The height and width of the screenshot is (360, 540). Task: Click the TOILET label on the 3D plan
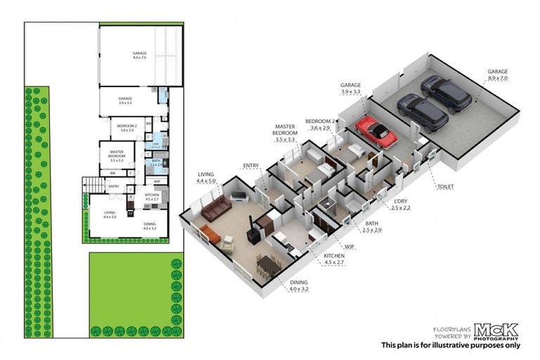pyautogui.click(x=444, y=187)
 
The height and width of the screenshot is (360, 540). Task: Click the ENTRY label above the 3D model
pyautogui.click(x=251, y=166)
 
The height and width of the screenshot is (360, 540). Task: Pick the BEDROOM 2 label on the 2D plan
pyautogui.click(x=127, y=126)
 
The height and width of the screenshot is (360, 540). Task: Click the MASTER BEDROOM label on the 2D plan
pyautogui.click(x=117, y=153)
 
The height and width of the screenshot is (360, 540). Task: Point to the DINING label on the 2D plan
pyautogui.click(x=150, y=224)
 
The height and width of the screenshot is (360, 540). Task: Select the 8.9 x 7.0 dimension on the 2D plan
pyautogui.click(x=140, y=58)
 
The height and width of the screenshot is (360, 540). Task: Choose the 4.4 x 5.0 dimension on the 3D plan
pyautogui.click(x=207, y=182)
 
